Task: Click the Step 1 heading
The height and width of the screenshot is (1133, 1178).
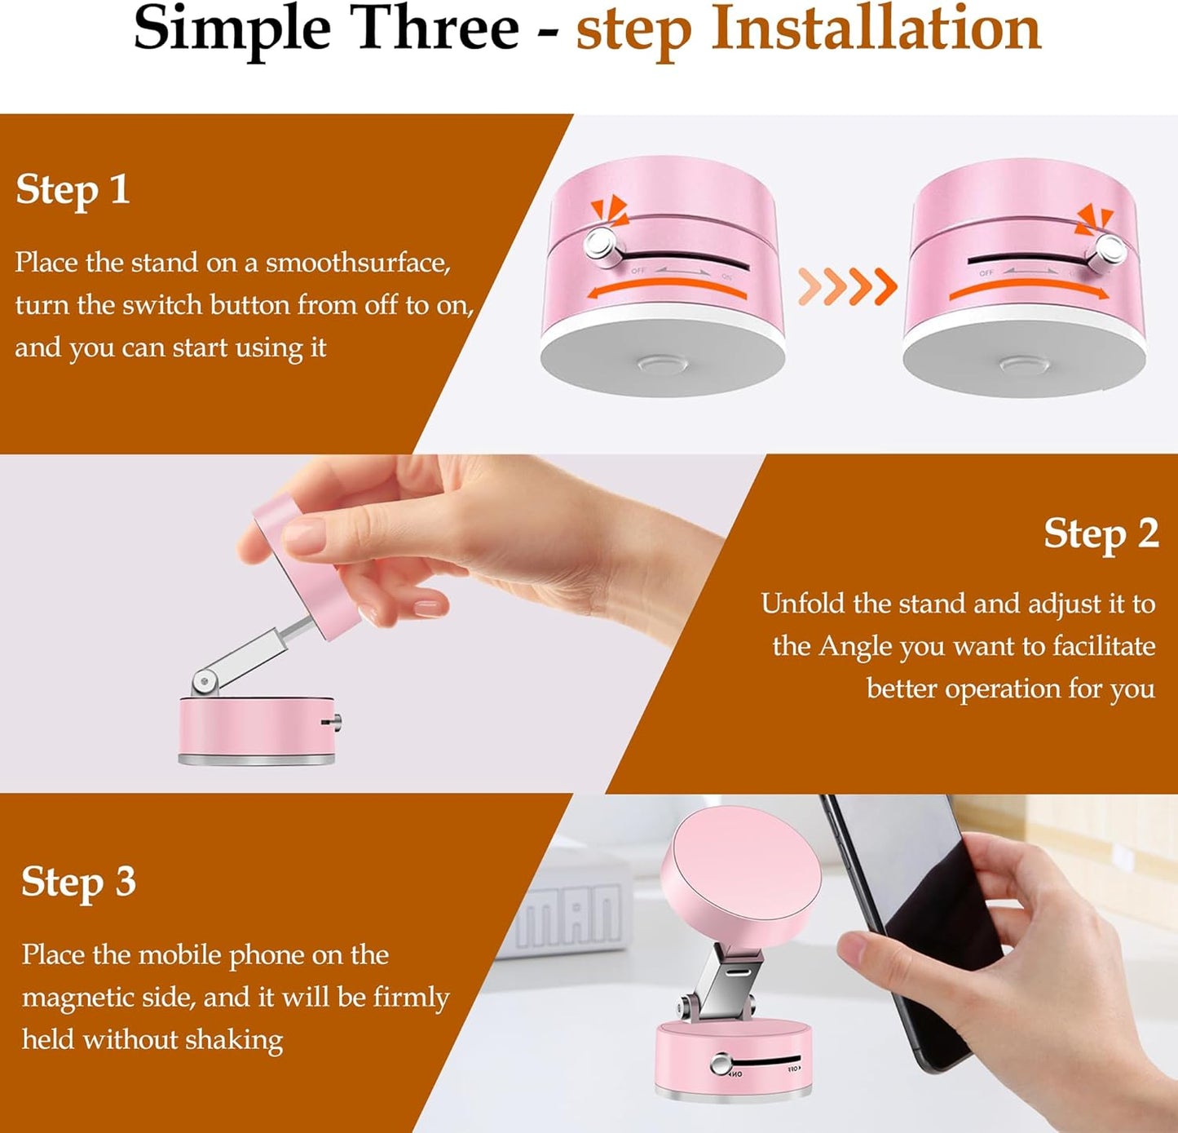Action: point(73,190)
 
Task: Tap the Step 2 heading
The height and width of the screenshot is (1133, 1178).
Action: point(1101,534)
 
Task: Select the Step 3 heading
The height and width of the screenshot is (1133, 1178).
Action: point(78,883)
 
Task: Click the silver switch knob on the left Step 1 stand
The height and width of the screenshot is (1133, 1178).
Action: point(600,242)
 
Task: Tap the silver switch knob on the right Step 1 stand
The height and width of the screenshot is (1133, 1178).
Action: point(1109,249)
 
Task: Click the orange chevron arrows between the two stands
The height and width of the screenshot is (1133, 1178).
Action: point(848,285)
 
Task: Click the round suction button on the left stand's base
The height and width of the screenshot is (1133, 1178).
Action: point(662,363)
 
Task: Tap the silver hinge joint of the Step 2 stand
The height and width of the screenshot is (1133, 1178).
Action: point(205,679)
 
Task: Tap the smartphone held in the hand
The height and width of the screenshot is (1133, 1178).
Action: point(905,922)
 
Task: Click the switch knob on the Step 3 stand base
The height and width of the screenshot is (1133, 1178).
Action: point(719,1064)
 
